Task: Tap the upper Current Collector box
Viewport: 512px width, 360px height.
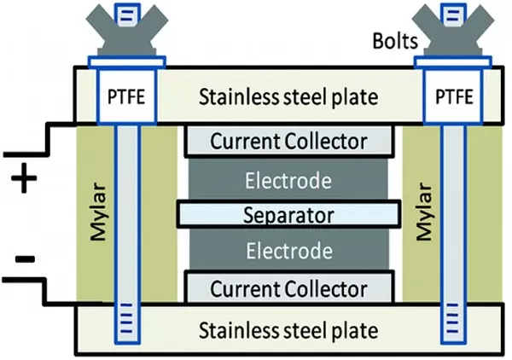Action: (288, 142)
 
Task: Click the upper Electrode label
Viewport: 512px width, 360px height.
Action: (288, 181)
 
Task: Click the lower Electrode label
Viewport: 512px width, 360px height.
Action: (288, 252)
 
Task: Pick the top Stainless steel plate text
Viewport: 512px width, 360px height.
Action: (288, 96)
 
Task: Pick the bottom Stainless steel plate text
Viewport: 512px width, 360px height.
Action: (288, 329)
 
